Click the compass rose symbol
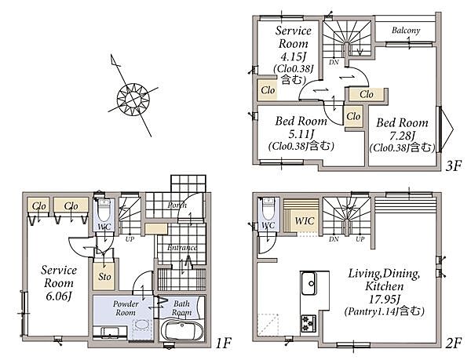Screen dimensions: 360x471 click(x=132, y=97)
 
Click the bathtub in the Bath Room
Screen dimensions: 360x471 click(x=181, y=330)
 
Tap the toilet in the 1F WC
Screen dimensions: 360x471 click(x=103, y=212)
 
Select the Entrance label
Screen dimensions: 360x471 click(x=182, y=249)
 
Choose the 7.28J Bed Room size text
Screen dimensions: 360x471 click(x=402, y=135)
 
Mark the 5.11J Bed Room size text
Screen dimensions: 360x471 click(x=299, y=133)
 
